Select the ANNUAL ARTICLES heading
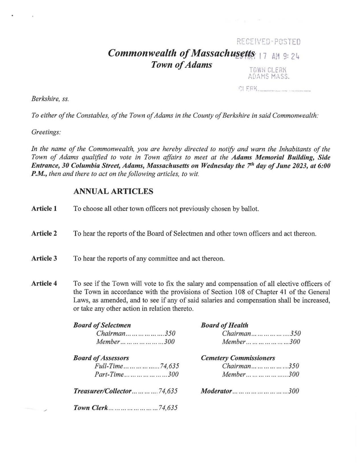coord(113,191)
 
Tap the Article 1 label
coord(44,209)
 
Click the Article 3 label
coord(44,258)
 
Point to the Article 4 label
coord(44,283)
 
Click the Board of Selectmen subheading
coord(102,325)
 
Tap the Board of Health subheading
coord(225,325)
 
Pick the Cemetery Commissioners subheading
coord(238,358)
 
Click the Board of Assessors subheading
coord(101,358)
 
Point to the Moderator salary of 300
coord(294,391)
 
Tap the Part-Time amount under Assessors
coord(173,374)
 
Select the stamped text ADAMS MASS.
coord(269,76)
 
